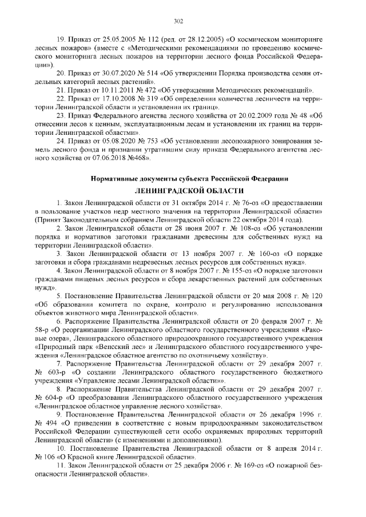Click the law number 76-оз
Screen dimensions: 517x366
click(x=236, y=203)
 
